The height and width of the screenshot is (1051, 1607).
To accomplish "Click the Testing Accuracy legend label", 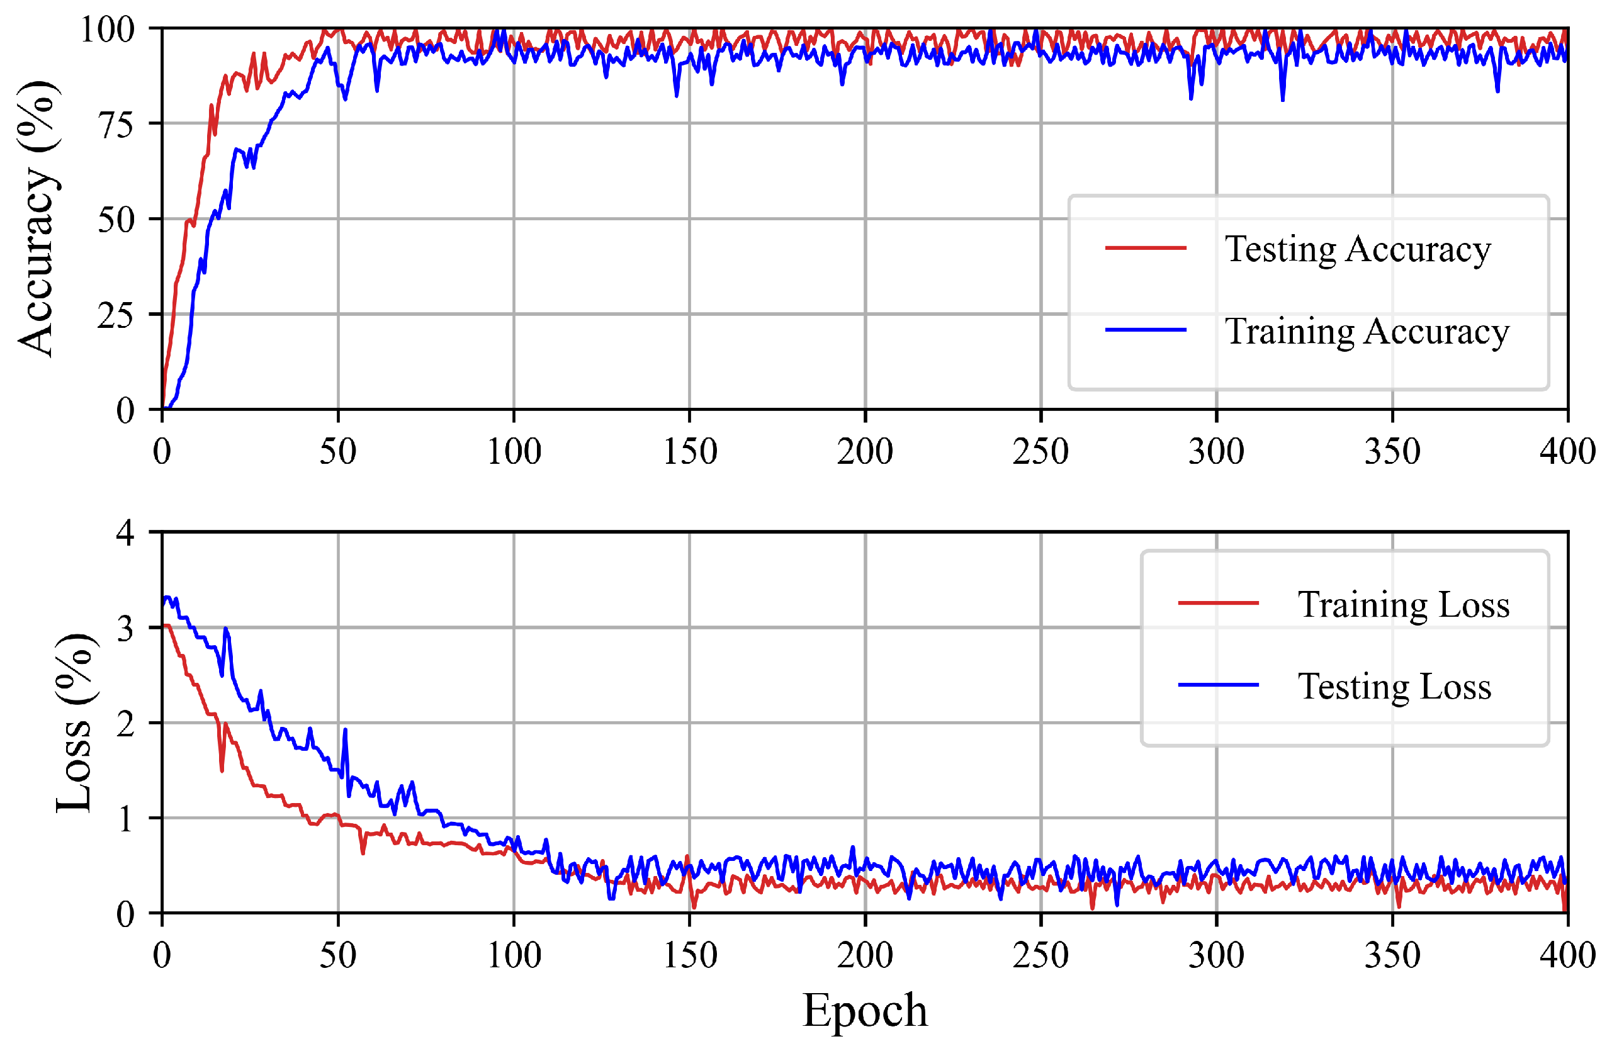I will coord(1357,250).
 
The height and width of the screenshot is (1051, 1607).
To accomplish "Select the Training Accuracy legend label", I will coord(1367,332).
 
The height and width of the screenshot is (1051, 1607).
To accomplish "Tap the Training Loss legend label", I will coord(1403,604).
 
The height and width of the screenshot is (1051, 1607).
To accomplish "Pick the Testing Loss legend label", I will coord(1394,687).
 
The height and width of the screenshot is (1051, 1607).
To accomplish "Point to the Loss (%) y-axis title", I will coord(74,723).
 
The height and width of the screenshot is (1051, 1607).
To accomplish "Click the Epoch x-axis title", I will coord(864,1011).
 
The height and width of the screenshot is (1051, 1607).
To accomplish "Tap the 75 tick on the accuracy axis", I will coord(117,124).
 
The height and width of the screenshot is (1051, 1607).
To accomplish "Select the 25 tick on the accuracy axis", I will coord(117,315).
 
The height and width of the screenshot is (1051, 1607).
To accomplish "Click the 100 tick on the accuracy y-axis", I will coord(108,30).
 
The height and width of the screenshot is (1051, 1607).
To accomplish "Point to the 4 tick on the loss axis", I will coord(126,533).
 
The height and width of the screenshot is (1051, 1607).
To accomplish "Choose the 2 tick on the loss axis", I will coord(126,724).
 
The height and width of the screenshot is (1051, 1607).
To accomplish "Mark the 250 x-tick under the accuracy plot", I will coord(1040,451).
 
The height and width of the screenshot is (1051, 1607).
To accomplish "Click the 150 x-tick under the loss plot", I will coord(689,955).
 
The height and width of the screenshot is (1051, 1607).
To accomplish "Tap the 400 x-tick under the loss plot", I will coord(1567,955).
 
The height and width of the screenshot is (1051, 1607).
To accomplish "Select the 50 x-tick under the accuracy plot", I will coord(337,451).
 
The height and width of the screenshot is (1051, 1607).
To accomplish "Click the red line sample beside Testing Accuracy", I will coord(1145,249).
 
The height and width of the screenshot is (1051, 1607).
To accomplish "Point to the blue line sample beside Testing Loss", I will coord(1218,685).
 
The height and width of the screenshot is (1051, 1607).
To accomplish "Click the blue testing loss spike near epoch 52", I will coord(345,731).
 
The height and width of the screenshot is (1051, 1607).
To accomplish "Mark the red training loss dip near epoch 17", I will coord(222,770).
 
